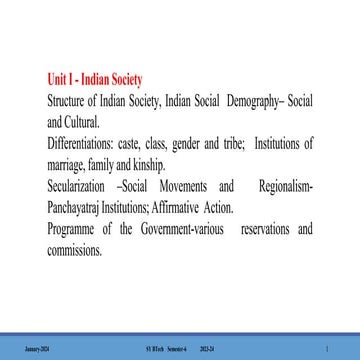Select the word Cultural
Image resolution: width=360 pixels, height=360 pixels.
[x=83, y=121]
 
